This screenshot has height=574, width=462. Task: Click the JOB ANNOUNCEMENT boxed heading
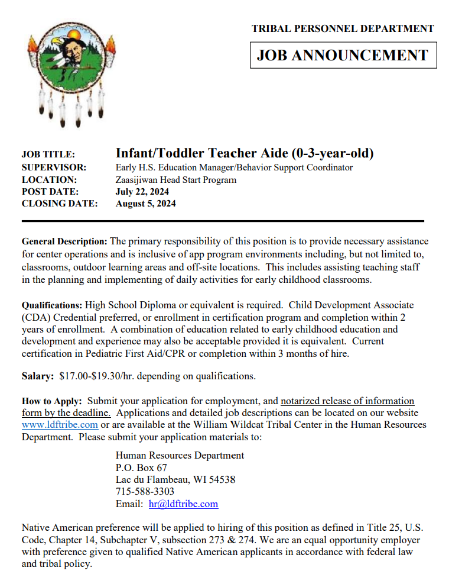[x=343, y=55]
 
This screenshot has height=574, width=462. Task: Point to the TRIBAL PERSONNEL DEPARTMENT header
[x=343, y=28]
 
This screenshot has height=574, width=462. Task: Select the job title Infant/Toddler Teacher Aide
[x=244, y=153]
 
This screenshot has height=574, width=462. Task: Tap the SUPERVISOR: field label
[x=54, y=167]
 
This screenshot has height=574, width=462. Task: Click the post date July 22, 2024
[x=142, y=192]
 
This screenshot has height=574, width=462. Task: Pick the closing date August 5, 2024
[x=145, y=204]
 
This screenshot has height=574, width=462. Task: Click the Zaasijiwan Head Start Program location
[x=175, y=180]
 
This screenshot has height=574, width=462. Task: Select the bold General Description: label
[x=64, y=241]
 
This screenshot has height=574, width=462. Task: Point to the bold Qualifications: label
[x=52, y=305]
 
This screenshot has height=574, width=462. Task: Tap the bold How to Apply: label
[x=52, y=401]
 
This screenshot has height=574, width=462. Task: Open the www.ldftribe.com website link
[x=60, y=425]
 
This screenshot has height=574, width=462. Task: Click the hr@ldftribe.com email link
[x=183, y=504]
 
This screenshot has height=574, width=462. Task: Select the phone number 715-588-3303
[x=145, y=492]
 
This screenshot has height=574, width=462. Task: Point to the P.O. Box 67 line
[x=141, y=467]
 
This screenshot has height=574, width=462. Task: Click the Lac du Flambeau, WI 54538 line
[x=175, y=479]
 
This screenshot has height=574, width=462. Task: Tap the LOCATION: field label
[x=49, y=180]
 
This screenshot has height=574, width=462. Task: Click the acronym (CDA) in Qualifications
[x=35, y=317]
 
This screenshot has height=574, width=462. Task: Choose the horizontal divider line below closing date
[x=223, y=221]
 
